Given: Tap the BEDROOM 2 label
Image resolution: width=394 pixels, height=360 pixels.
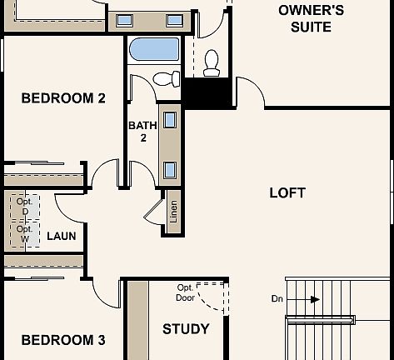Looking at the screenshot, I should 63,98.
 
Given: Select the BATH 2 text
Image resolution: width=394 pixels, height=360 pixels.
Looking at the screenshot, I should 142,132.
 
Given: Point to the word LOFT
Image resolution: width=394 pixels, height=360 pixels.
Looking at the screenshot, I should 287,192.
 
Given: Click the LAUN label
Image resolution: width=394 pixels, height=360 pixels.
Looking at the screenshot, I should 61,236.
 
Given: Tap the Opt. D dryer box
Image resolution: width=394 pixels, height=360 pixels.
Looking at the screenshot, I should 24,207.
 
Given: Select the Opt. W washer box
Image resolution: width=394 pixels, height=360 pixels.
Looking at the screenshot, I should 24,234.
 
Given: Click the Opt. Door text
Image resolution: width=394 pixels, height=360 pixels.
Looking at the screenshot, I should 185,292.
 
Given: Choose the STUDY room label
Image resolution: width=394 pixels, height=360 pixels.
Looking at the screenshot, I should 186,329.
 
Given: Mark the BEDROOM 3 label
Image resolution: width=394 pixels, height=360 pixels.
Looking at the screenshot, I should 63,340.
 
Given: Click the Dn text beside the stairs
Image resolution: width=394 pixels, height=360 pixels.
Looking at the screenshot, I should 277,298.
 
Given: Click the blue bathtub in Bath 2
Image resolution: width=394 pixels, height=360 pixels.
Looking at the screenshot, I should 154,49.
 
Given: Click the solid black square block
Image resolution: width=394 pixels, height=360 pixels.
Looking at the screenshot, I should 205,92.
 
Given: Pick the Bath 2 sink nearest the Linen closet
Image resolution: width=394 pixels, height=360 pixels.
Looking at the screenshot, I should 170,169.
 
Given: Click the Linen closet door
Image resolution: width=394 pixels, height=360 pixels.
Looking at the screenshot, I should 154,212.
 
